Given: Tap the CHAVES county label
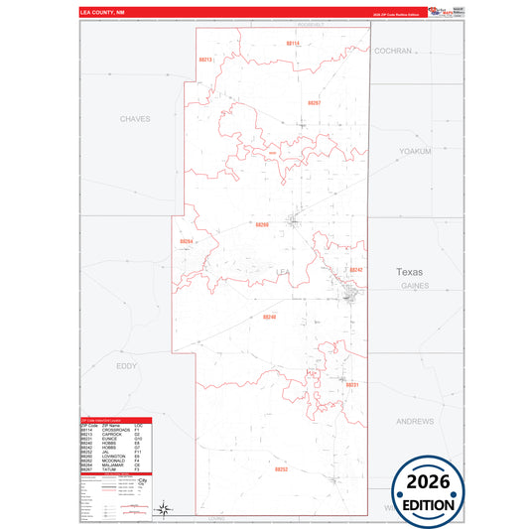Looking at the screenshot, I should (x=134, y=118).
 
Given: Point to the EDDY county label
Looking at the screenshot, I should (x=127, y=366).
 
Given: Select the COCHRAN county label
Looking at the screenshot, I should (x=393, y=50).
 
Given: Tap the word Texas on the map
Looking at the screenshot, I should (x=409, y=271).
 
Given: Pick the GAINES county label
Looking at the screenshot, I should (x=415, y=285).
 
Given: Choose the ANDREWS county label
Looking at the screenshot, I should (x=415, y=421).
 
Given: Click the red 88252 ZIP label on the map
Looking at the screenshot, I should (x=281, y=468).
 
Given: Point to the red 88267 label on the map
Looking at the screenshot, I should (x=314, y=103).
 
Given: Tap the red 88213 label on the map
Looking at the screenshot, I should (x=205, y=60).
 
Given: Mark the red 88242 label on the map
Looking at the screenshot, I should (x=356, y=270).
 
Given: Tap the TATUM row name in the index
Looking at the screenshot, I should (x=108, y=469).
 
